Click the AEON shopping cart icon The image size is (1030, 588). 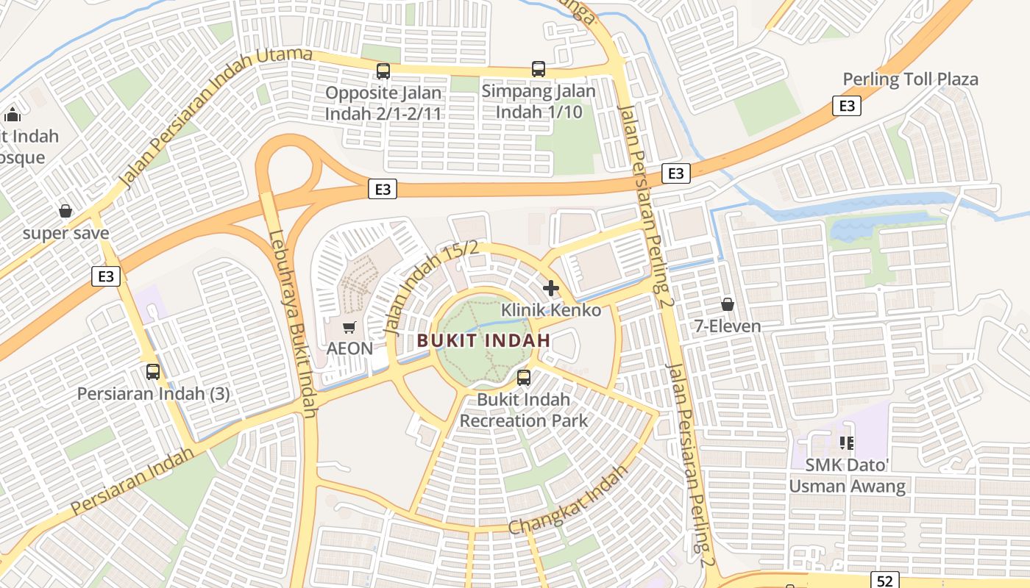[x=349, y=326]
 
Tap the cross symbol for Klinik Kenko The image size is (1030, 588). [x=550, y=287]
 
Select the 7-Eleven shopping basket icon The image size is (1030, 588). [x=728, y=304]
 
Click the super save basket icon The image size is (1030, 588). [x=65, y=211]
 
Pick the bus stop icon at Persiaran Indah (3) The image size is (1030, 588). [x=153, y=371]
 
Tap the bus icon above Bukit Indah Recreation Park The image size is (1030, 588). [x=524, y=378]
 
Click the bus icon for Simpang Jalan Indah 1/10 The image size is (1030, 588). [x=539, y=69]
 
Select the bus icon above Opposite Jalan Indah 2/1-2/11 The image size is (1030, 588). [x=383, y=71]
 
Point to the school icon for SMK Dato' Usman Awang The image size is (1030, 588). [x=846, y=442]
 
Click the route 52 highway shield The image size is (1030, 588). [x=885, y=580]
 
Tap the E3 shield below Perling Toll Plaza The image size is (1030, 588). [x=847, y=106]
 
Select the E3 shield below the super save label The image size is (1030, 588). [x=106, y=276]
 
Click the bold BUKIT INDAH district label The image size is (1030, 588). [x=483, y=340]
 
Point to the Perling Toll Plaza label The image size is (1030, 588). [x=910, y=79]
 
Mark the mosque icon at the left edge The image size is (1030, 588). [x=13, y=115]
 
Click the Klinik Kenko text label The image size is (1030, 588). [x=550, y=310]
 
